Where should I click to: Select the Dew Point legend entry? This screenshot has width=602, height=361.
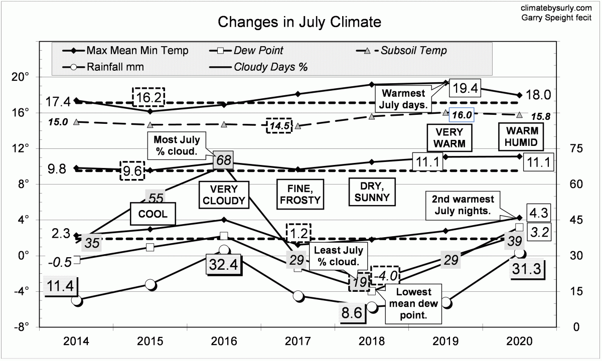259,50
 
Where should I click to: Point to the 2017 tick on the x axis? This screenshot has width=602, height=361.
297,342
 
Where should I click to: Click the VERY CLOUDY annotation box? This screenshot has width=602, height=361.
223,195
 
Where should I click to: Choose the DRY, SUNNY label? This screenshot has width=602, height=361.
372,191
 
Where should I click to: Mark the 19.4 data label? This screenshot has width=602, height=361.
465,88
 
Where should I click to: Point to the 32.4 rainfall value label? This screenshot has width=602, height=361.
224,264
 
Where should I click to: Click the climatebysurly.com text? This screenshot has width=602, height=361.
564,8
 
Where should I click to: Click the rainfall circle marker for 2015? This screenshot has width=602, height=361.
150,285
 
